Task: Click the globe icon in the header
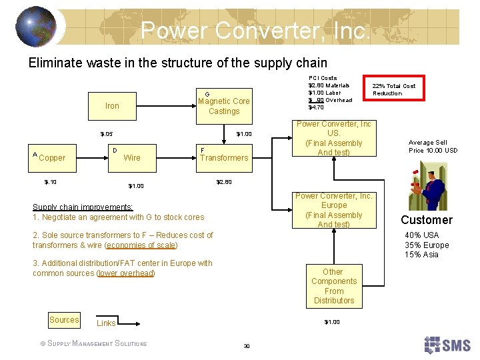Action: tap(36, 26)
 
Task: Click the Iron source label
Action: tap(112, 105)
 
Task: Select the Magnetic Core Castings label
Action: tap(224, 106)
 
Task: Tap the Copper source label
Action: tap(52, 158)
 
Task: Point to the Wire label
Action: tap(132, 158)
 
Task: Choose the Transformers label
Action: tap(224, 158)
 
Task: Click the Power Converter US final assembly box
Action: tap(334, 138)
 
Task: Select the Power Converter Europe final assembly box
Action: tap(334, 210)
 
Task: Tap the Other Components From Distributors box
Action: tap(333, 286)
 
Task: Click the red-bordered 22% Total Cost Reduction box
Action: tap(393, 89)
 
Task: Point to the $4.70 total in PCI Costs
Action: tap(316, 107)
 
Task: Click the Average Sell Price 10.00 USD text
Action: tap(433, 146)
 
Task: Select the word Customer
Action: tap(427, 220)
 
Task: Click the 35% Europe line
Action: tap(427, 245)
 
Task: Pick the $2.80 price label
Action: tap(224, 181)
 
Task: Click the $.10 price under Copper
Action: tap(51, 181)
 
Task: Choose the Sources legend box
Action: tap(64, 320)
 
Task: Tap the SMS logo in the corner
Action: tap(448, 345)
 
